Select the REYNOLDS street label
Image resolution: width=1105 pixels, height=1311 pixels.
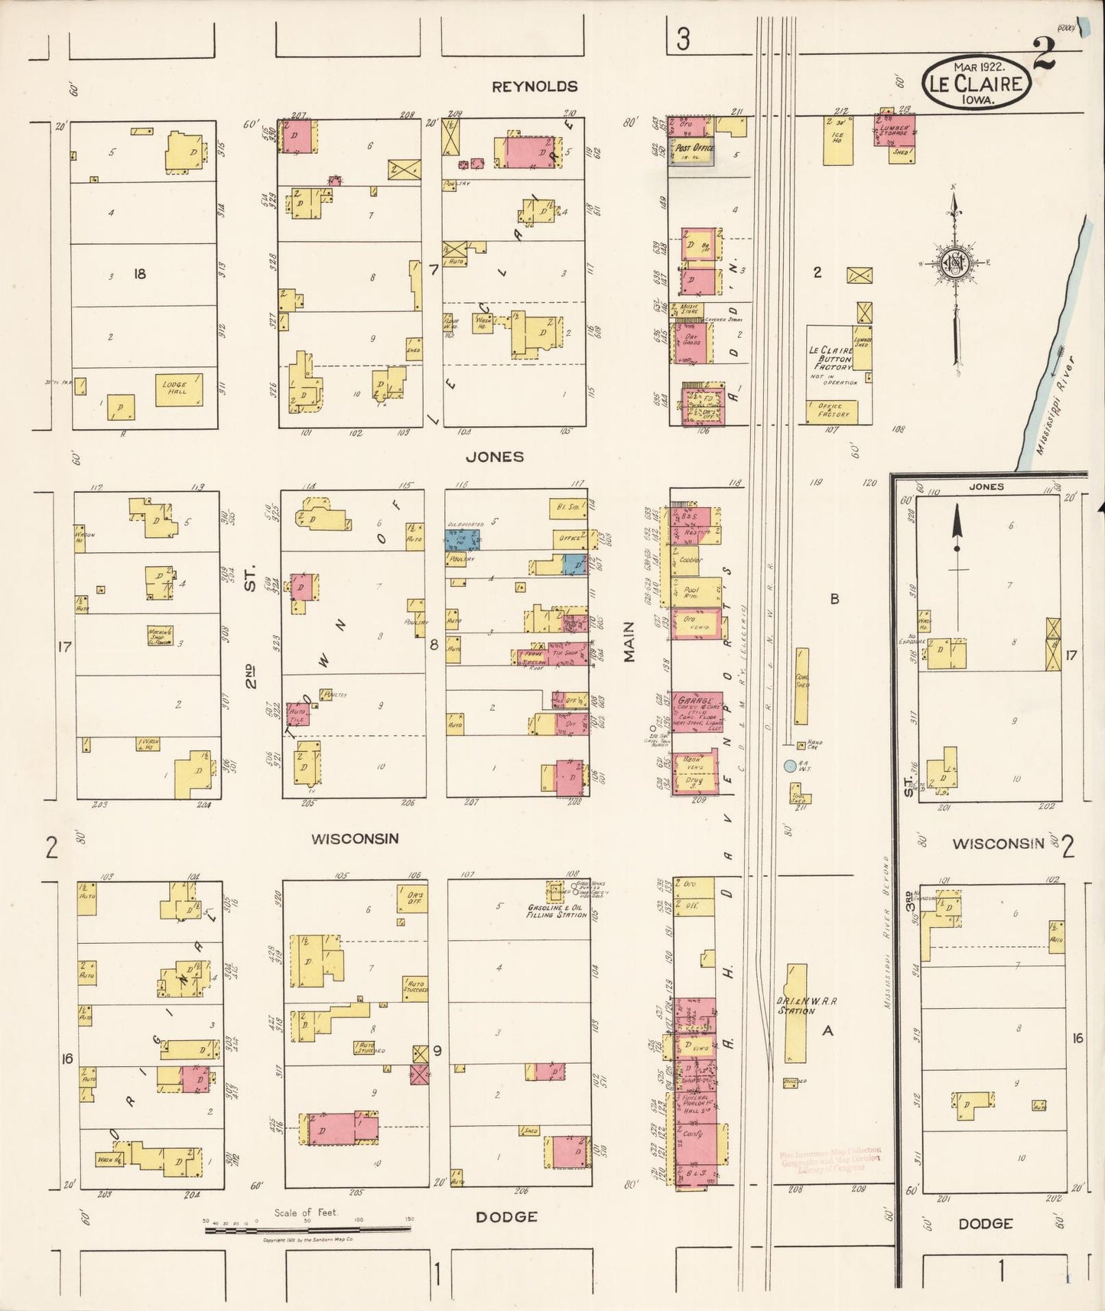pos(535,86)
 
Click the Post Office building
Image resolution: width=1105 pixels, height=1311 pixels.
pos(692,151)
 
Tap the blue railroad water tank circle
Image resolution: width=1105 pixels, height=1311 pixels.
pos(790,764)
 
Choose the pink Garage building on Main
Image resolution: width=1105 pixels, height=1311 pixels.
pos(695,711)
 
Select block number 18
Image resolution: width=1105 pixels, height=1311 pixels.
pos(139,274)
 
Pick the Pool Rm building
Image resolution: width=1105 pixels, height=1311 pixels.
pos(695,592)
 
